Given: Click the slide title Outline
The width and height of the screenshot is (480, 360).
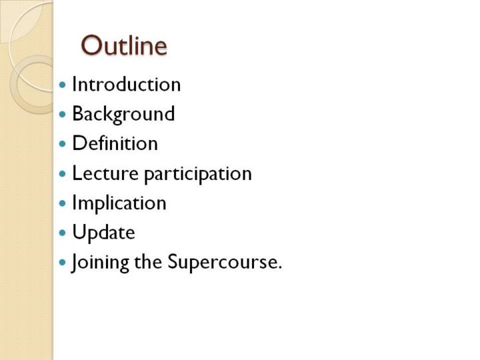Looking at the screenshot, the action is tap(124, 45).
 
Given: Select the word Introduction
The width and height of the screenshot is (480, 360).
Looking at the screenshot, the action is tap(127, 84).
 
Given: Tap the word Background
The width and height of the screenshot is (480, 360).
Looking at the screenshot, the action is tap(123, 114).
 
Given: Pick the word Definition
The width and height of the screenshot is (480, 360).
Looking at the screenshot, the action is tap(115, 143).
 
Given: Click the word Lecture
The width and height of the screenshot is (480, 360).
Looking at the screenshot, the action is tap(105, 173).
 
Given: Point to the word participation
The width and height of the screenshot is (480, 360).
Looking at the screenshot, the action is tap(198, 175).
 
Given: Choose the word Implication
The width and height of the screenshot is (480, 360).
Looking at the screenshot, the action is tap(119, 203).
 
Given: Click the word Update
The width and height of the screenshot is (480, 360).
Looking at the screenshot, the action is tap(103, 233).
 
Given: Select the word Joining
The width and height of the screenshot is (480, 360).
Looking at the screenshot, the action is tap(100, 263).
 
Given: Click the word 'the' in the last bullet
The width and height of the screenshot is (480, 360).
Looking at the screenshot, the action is tap(148, 262).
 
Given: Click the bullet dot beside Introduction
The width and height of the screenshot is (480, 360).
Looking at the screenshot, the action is tap(63, 85).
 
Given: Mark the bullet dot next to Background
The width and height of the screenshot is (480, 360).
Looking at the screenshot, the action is tap(63, 115).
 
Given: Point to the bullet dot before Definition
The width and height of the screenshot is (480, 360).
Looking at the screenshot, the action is tap(63, 144).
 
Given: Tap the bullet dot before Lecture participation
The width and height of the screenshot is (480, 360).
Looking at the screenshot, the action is tap(63, 174).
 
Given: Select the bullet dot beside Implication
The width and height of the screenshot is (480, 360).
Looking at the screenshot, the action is tap(63, 203).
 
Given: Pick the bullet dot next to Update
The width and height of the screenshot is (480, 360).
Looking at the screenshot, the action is tap(63, 233).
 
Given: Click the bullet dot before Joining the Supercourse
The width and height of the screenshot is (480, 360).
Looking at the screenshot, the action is tap(63, 263).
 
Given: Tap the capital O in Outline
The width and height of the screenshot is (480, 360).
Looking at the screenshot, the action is tap(91, 45).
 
